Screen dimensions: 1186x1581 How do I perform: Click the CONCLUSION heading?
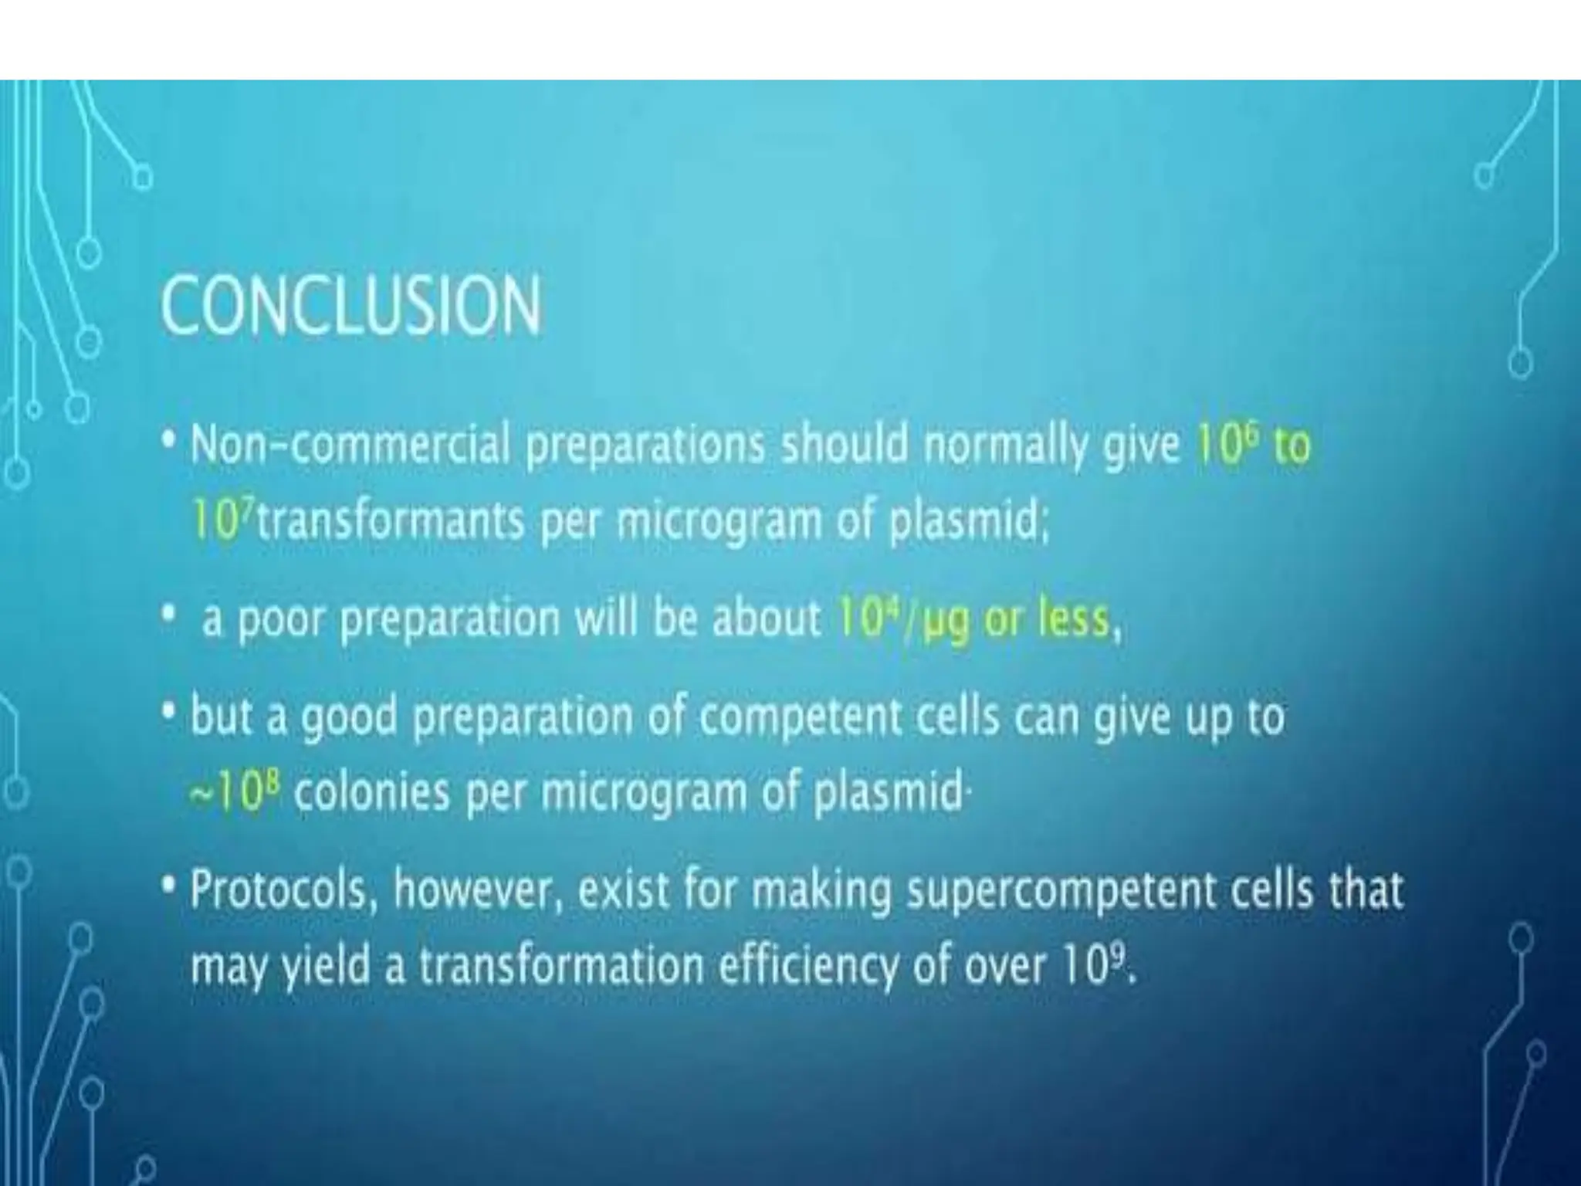coord(351,307)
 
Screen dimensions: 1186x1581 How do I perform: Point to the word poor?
coord(280,620)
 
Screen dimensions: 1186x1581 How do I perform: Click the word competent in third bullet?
coord(800,717)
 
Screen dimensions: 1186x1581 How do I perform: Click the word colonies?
coord(371,793)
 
